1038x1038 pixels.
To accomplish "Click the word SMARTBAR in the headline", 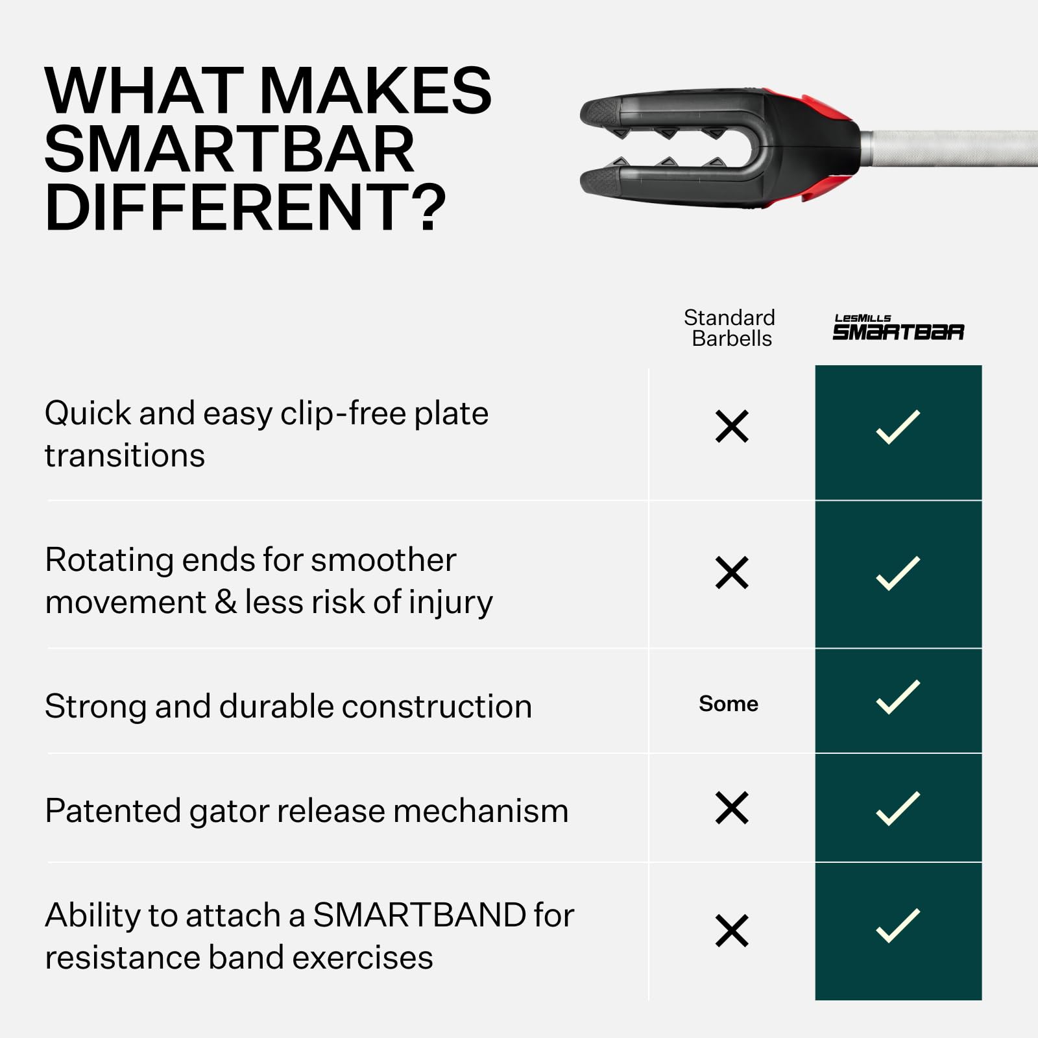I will coord(229,149).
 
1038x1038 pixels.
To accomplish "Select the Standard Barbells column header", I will coord(730,328).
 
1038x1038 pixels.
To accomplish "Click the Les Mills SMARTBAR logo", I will coord(898,328).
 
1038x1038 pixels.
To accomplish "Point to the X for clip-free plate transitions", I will coord(732,427).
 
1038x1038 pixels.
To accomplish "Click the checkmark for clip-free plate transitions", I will coord(898,427).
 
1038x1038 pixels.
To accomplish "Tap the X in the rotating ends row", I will coord(732,573).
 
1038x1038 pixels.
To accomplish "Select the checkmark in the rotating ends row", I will coord(898,573).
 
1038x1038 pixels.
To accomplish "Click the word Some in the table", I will coord(729,704).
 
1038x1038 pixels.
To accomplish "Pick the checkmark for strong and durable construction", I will coord(898,697).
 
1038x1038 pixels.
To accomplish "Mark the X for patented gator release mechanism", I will coord(732,808).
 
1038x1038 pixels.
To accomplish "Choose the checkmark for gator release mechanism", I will coord(898,808).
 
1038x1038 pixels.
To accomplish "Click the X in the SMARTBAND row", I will coord(732,931).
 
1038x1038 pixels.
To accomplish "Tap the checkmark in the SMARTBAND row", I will coord(898,925).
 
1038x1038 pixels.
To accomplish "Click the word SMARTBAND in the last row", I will coord(420,915).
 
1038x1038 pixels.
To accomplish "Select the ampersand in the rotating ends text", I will coord(225,602).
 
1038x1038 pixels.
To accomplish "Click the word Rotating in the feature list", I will coord(109,561).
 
